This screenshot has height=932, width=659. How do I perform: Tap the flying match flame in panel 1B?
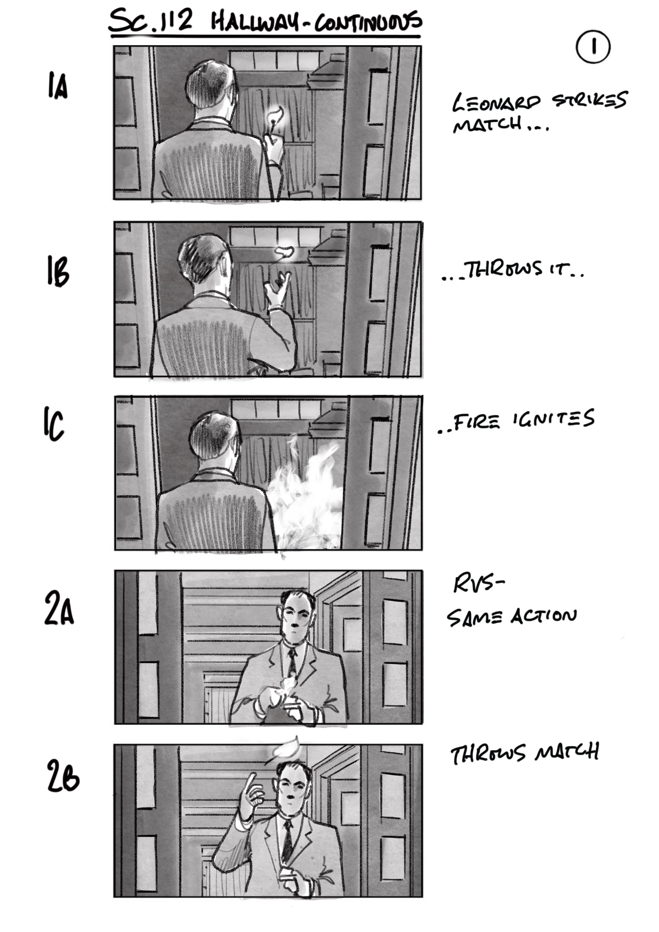point(285,252)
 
